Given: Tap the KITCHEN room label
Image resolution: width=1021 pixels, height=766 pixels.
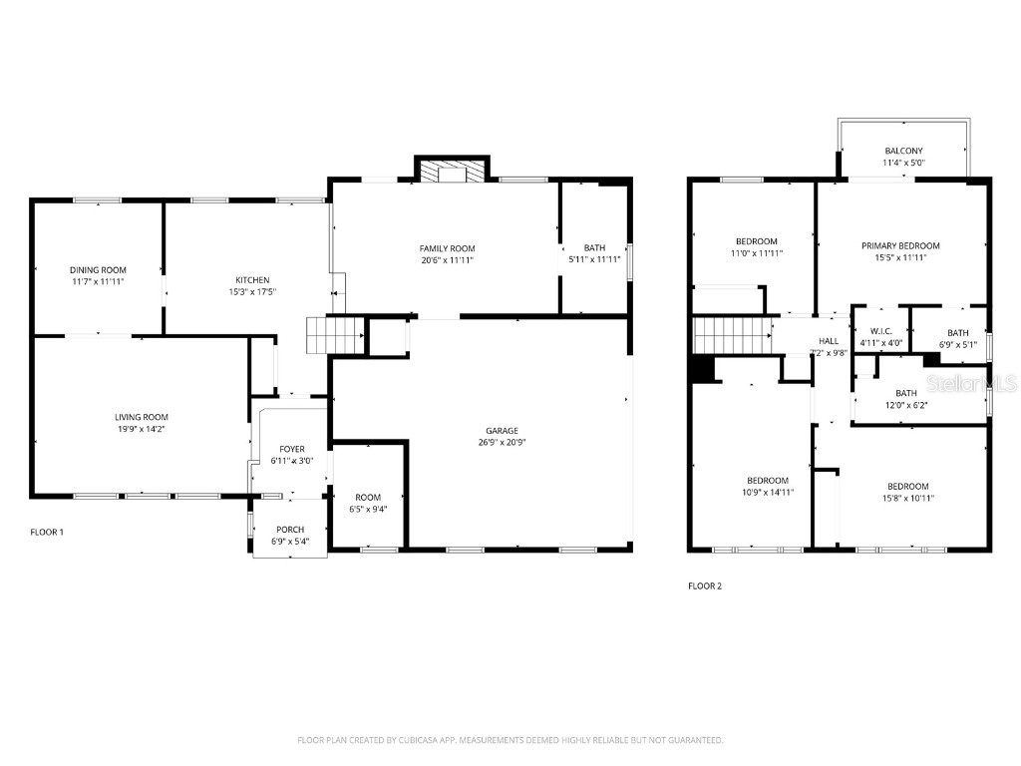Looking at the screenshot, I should point(252,279).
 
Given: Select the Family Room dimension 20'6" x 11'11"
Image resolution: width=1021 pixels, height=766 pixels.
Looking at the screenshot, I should point(446,260).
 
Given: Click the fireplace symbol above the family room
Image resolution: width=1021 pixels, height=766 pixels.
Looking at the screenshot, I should point(453,174).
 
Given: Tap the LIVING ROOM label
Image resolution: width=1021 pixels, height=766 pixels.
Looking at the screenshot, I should point(141,417).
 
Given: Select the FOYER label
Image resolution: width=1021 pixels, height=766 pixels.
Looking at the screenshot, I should point(292,449).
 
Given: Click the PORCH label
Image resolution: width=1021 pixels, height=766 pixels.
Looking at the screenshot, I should point(290,530).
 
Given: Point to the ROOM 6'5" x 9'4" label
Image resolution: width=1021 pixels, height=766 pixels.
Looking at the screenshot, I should point(368,497).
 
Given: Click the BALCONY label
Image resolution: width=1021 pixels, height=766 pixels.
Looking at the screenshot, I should point(903,151).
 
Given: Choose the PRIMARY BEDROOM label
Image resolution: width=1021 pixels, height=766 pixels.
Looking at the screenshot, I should point(900,245).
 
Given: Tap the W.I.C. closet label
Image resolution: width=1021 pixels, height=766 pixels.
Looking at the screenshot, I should point(880,331).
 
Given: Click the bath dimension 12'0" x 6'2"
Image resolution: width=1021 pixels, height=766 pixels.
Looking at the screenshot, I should point(905,405).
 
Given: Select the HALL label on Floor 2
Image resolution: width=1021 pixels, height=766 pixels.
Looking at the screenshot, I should point(829,340).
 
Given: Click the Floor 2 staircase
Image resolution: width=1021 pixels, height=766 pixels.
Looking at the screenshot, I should point(732,335).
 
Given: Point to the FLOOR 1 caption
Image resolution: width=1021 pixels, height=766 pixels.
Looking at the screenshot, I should point(47,532).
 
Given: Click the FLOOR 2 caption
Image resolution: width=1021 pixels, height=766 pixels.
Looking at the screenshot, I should point(705,585).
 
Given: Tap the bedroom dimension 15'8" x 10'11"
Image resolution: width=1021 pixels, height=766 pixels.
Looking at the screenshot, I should point(907,498).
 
